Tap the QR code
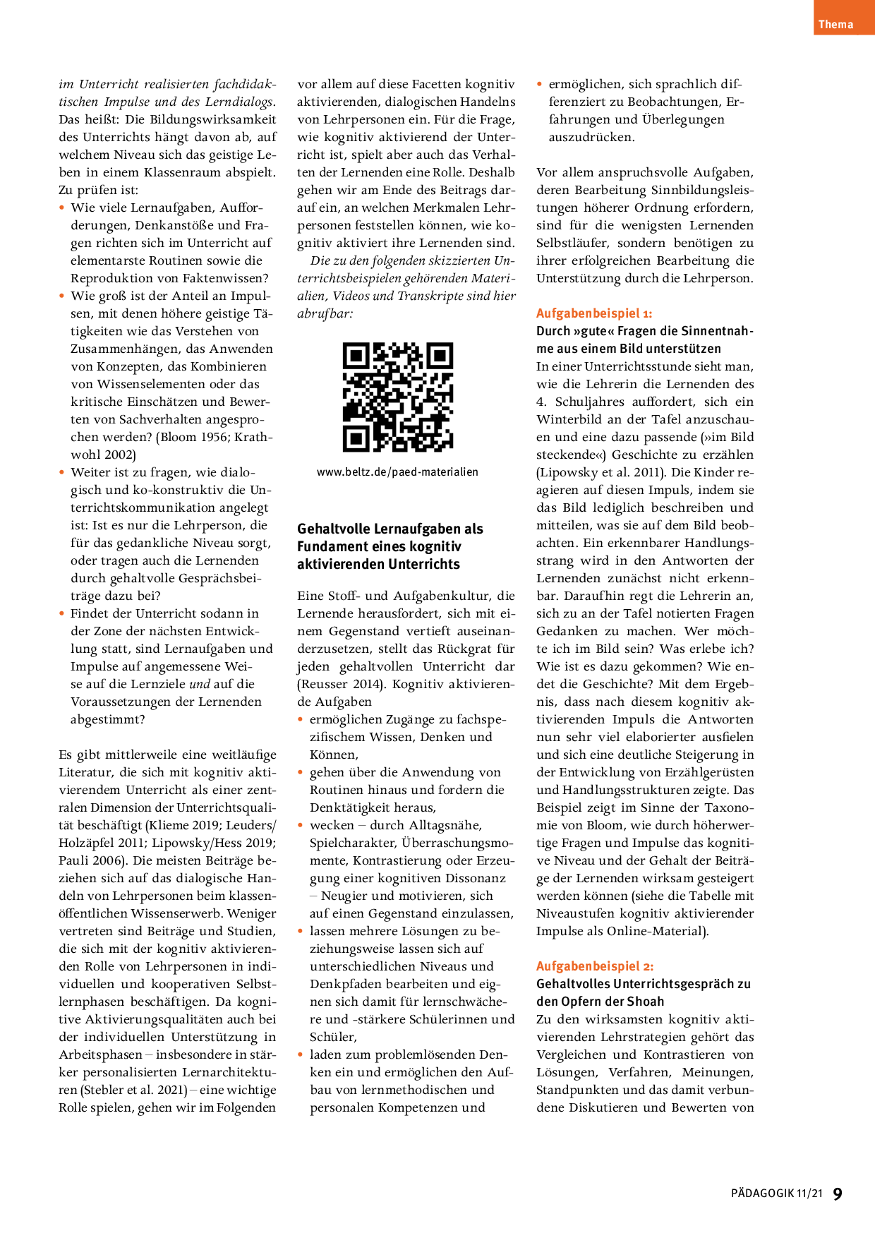click(397, 397)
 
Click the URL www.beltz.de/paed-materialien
click(397, 472)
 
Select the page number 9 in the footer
click(838, 1194)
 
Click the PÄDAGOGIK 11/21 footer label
click(776, 1194)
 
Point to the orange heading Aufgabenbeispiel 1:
click(593, 313)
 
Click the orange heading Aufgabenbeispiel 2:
click(594, 966)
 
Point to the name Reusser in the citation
click(326, 684)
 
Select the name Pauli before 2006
click(73, 860)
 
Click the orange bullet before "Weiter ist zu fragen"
click(62, 472)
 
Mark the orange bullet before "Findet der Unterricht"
click(62, 613)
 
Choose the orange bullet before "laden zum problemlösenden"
click(301, 1054)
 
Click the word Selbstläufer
click(572, 243)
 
